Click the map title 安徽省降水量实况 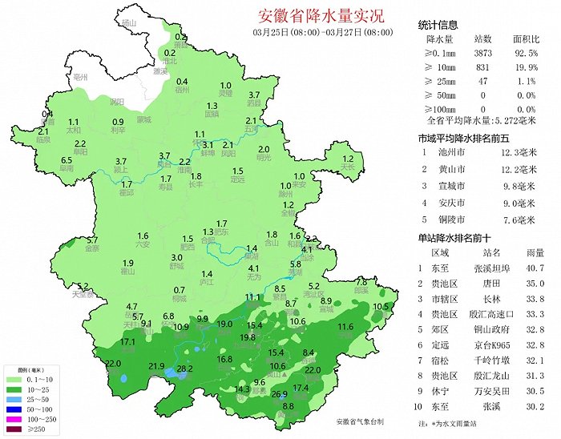click(x=321, y=15)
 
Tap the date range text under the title click(x=322, y=32)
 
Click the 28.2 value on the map click(x=185, y=369)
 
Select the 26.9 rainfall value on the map click(x=279, y=394)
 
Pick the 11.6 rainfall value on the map click(x=345, y=327)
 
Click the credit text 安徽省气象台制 click(x=360, y=421)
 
